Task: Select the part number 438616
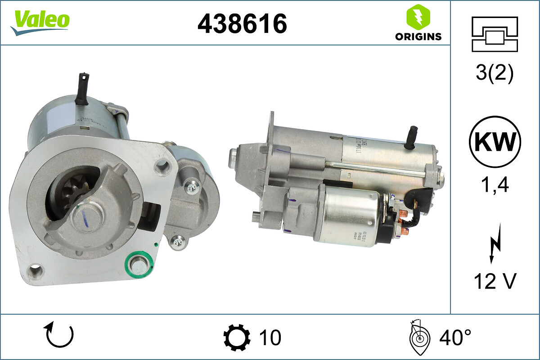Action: click(x=242, y=23)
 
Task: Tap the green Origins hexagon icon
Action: click(x=418, y=17)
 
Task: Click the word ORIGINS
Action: click(x=418, y=37)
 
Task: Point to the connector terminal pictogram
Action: click(x=495, y=34)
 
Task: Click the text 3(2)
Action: click(x=495, y=73)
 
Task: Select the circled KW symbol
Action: click(x=495, y=142)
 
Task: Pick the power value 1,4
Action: click(x=495, y=184)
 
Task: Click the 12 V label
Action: click(x=495, y=282)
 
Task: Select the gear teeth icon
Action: click(x=237, y=337)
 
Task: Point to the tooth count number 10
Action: click(x=270, y=337)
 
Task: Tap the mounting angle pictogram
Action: click(x=418, y=337)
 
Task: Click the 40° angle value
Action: click(x=454, y=337)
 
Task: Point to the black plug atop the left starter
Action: click(x=82, y=88)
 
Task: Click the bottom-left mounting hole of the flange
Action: click(x=35, y=271)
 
